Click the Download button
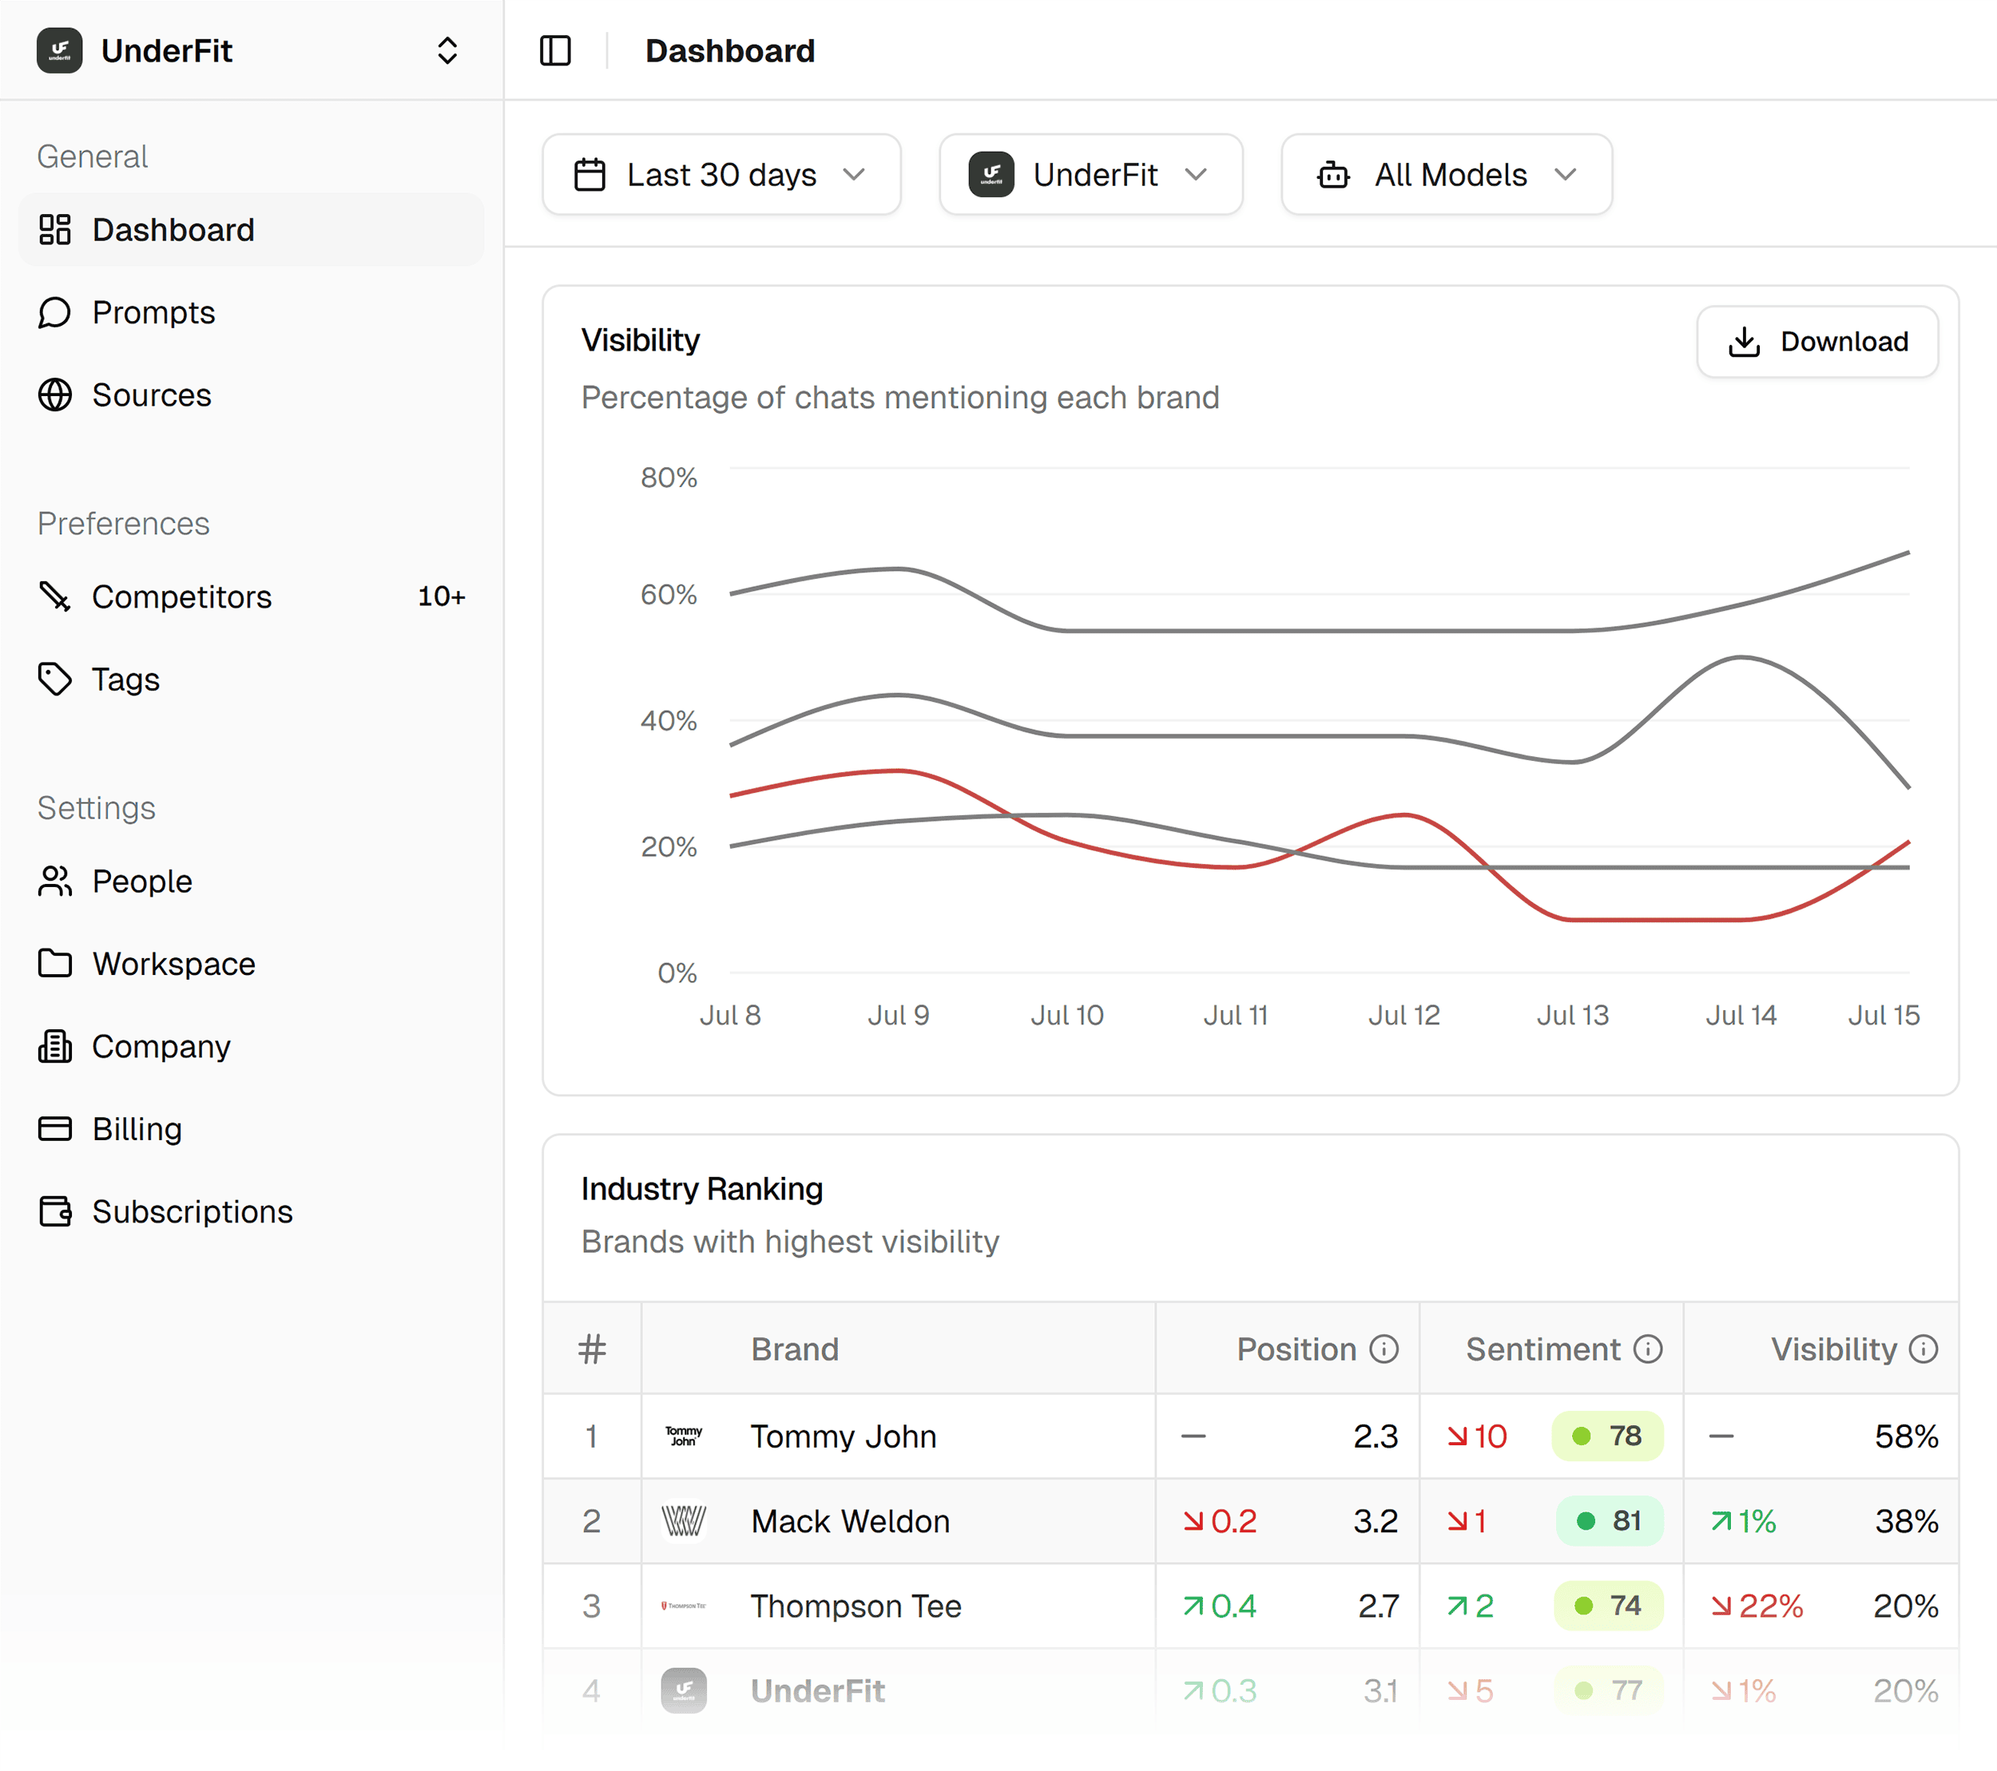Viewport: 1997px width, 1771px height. [1817, 342]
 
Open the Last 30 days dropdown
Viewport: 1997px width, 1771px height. [721, 175]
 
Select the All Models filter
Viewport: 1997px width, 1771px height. [1446, 175]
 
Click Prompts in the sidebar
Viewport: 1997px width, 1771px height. [153, 312]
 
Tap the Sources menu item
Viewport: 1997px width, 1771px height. [152, 395]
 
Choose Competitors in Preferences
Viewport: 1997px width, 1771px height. [181, 596]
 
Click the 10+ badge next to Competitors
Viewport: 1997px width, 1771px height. [442, 596]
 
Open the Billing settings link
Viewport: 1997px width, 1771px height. [137, 1129]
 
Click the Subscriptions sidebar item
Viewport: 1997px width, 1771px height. [192, 1211]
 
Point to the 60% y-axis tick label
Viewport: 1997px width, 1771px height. [669, 595]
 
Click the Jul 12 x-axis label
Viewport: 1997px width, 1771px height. [1404, 1016]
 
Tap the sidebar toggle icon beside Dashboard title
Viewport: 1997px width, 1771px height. [555, 51]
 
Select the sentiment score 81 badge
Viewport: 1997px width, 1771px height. [1609, 1521]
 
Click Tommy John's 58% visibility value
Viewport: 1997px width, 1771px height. [1906, 1436]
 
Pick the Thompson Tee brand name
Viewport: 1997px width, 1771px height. [856, 1606]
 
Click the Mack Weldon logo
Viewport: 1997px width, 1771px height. [684, 1521]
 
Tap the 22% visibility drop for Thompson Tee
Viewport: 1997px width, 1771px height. [1757, 1606]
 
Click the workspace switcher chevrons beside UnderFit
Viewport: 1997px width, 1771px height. [447, 51]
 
